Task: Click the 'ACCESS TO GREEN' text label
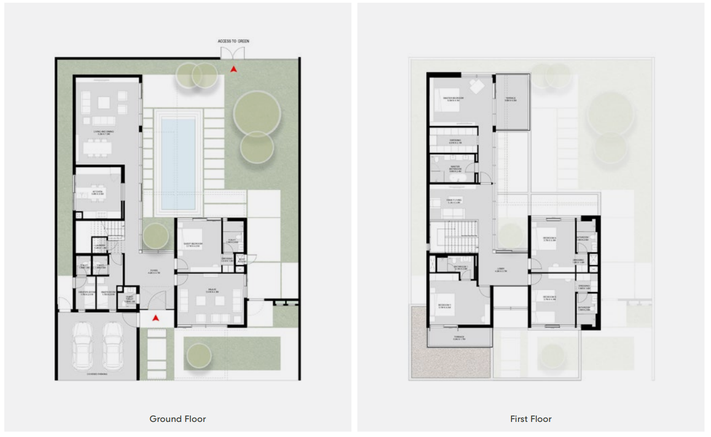(x=233, y=41)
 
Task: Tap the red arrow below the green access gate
(x=233, y=69)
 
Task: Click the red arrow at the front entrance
(x=156, y=318)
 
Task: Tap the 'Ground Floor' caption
(x=177, y=419)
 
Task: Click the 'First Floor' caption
(x=530, y=419)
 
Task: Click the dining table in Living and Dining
(x=98, y=147)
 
